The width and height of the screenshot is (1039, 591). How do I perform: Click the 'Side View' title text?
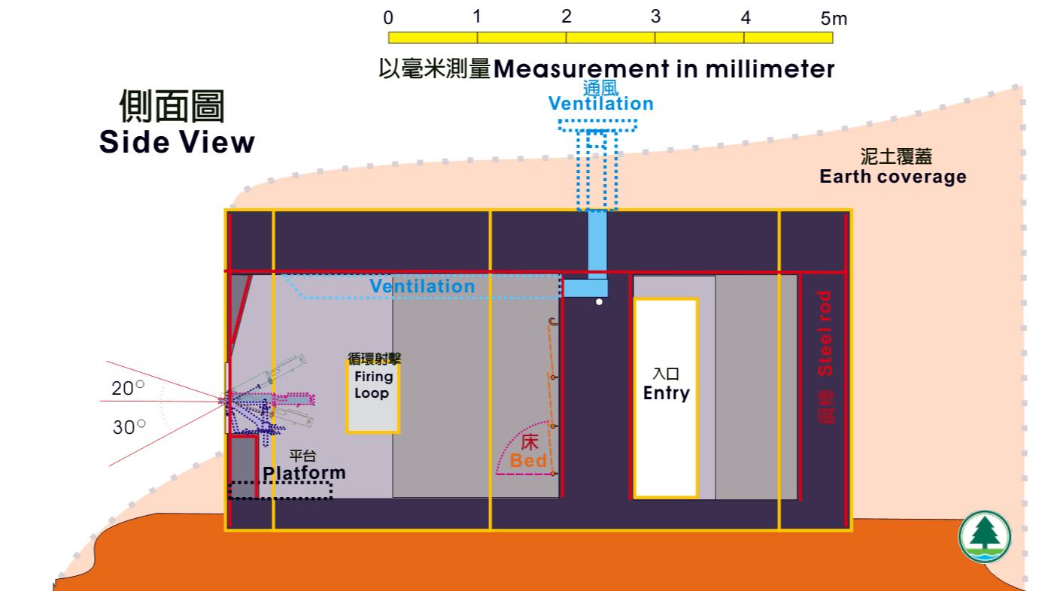[177, 143]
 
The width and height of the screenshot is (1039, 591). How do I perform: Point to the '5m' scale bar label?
[834, 18]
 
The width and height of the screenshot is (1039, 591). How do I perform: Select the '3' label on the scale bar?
[655, 17]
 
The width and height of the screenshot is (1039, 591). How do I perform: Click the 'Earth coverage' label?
[892, 177]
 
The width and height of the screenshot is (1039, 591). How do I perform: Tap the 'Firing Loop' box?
[372, 397]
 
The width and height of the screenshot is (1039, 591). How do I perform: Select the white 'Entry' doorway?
[666, 398]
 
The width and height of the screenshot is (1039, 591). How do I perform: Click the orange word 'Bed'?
[528, 461]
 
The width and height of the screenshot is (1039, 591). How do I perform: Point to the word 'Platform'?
[305, 472]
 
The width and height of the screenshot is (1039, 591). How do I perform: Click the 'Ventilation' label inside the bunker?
[423, 286]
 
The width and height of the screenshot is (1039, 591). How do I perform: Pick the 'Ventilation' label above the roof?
[600, 103]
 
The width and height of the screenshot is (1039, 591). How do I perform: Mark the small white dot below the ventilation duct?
[599, 302]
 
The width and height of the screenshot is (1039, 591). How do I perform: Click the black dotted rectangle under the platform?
[280, 489]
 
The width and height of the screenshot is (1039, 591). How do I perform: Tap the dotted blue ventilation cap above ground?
[598, 125]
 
